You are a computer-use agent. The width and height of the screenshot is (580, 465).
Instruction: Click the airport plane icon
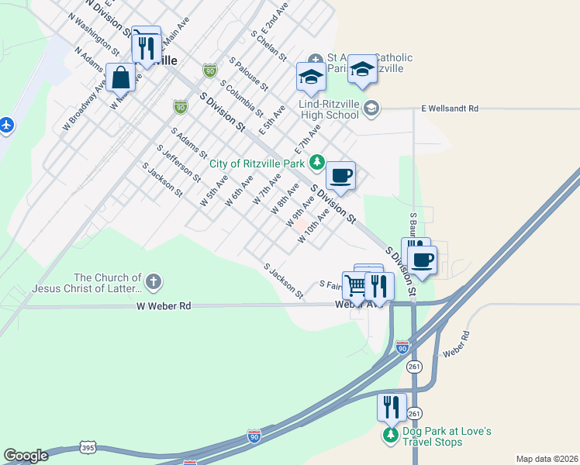click(x=6, y=124)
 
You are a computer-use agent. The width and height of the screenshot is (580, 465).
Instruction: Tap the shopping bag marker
click(x=121, y=77)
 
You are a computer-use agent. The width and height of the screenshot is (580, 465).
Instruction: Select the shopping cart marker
click(x=355, y=285)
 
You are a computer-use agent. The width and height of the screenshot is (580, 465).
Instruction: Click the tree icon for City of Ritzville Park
click(x=316, y=162)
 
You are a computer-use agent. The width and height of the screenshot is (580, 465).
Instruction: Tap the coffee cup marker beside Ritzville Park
click(x=340, y=176)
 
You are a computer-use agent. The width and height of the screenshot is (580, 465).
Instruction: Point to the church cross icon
click(x=154, y=282)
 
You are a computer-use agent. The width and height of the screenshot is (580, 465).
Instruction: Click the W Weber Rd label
click(x=164, y=306)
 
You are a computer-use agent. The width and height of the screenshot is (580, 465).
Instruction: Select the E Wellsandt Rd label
click(x=450, y=109)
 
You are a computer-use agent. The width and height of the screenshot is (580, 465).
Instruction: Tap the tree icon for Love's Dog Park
click(x=391, y=436)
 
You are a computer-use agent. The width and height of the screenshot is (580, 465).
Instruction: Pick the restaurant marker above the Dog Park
click(x=392, y=407)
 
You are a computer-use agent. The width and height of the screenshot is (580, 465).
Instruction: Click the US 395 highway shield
click(x=87, y=448)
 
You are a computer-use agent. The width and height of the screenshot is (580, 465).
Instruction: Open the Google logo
click(x=26, y=456)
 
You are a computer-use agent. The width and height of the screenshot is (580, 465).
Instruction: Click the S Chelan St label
click(x=268, y=46)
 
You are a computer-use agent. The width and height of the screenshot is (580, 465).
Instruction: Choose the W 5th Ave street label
click(x=213, y=190)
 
